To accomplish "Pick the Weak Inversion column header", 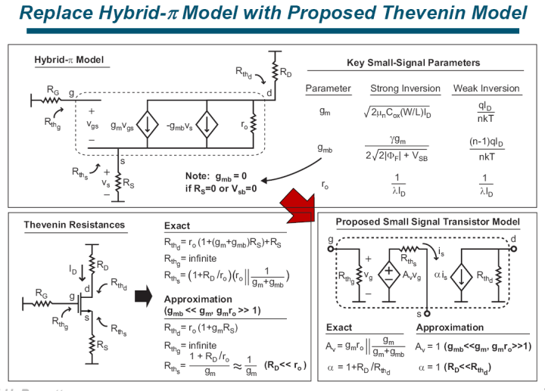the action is pyautogui.click(x=486, y=88).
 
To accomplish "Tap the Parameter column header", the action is pyautogui.click(x=328, y=88).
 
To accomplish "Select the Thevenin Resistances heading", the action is pyautogui.click(x=74, y=225).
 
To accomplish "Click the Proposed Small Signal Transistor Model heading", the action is pyautogui.click(x=428, y=222).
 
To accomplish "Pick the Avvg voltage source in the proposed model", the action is pyautogui.click(x=389, y=273).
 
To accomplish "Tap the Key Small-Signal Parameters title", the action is pyautogui.click(x=413, y=63).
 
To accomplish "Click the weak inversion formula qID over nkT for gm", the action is pyautogui.click(x=487, y=112).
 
